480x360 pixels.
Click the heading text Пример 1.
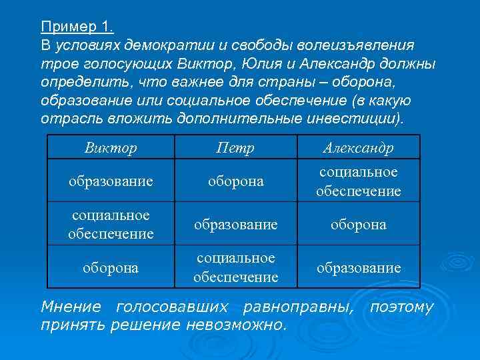point(77,27)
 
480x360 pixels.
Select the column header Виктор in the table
point(111,147)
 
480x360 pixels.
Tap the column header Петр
point(235,147)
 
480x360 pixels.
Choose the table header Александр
point(358,147)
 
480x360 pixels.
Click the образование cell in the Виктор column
point(111,181)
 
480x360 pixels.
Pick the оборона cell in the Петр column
point(235,181)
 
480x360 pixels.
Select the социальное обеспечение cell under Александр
point(359,181)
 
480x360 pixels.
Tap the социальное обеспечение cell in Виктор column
point(111,224)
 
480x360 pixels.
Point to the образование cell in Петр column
point(235,225)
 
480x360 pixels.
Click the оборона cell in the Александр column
point(359,225)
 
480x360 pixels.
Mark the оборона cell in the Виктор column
point(111,267)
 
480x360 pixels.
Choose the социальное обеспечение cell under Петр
point(235,267)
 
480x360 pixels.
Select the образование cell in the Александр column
point(359,267)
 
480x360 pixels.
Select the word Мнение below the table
point(71,307)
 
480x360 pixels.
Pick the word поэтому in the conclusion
point(401,307)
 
